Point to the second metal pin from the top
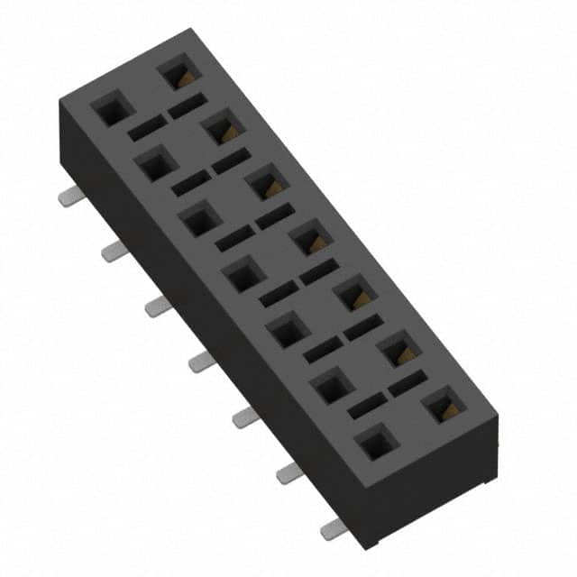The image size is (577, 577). click(x=113, y=252)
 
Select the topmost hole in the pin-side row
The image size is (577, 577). click(x=112, y=112)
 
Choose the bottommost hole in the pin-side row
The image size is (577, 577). click(x=377, y=444)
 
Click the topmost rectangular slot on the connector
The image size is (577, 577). click(x=187, y=105)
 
